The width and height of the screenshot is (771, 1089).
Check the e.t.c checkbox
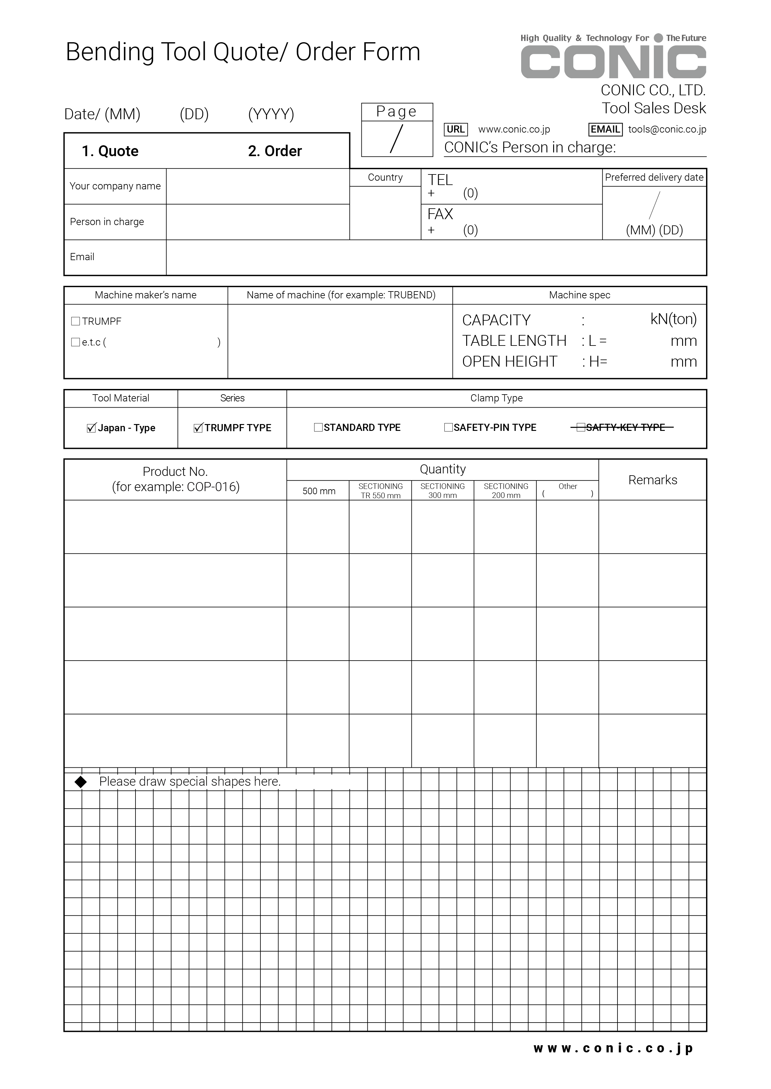pyautogui.click(x=76, y=342)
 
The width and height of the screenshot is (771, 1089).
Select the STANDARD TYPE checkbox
pyautogui.click(x=318, y=427)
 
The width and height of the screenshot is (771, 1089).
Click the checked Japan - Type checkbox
pyautogui.click(x=92, y=428)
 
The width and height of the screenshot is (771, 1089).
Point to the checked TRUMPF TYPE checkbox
pyautogui.click(x=199, y=428)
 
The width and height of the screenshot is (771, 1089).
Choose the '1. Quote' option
pyautogui.click(x=110, y=151)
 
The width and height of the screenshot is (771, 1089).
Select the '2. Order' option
pyautogui.click(x=275, y=151)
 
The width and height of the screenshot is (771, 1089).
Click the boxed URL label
pyautogui.click(x=456, y=129)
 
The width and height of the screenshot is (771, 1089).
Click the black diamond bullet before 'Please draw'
pyautogui.click(x=81, y=782)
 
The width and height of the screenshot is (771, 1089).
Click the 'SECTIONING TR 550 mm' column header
pyautogui.click(x=380, y=490)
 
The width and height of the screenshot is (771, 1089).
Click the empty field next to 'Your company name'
pyautogui.click(x=258, y=186)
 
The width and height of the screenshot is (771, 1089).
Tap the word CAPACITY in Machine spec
pyautogui.click(x=496, y=320)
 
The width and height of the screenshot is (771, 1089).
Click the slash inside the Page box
pyautogui.click(x=397, y=138)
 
